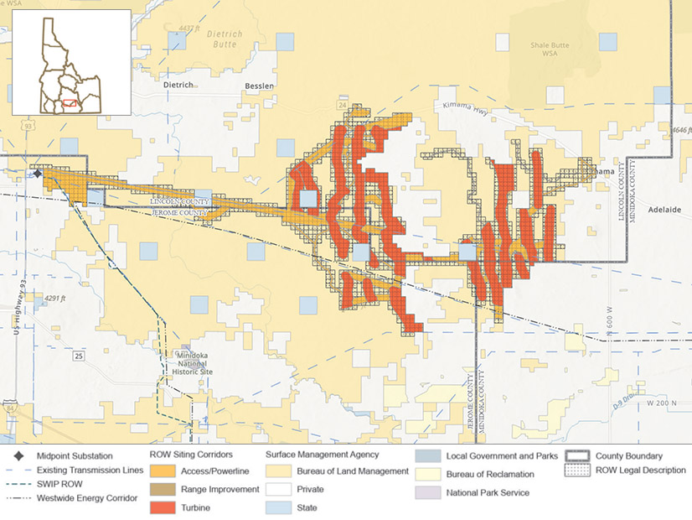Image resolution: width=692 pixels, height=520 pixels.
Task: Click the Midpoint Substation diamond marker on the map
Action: point(38,174)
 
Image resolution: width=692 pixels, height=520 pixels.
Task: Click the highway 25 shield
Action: point(78,356)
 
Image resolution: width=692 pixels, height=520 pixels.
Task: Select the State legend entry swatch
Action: point(279,507)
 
